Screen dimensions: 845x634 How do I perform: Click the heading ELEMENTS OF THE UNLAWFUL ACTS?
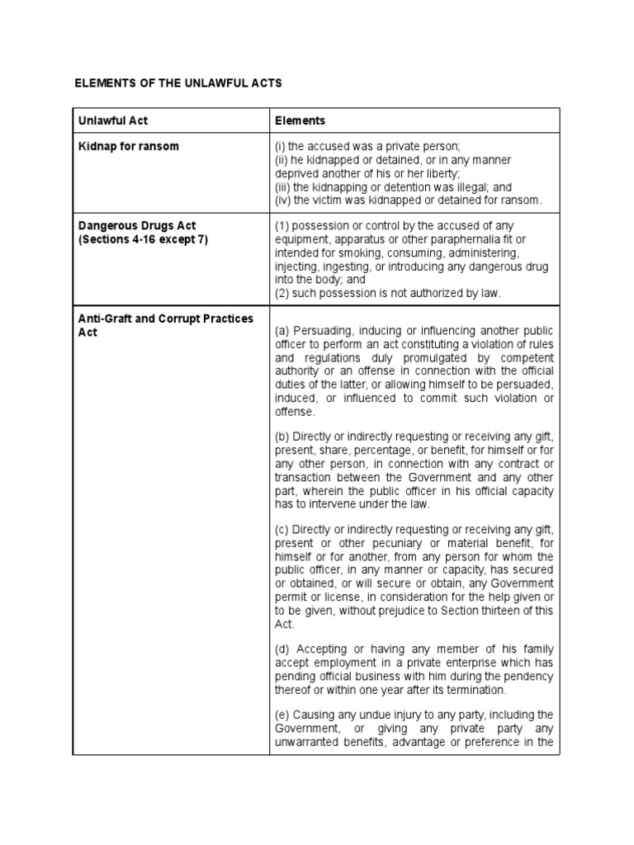click(x=178, y=83)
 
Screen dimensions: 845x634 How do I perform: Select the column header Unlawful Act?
click(x=113, y=120)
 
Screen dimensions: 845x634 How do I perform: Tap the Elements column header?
click(x=300, y=120)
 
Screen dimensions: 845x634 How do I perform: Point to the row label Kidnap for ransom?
click(x=128, y=146)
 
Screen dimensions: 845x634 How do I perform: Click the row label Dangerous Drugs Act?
click(x=136, y=226)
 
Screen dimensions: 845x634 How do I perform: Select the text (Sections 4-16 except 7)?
click(x=143, y=239)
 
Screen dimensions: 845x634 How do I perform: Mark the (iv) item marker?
click(x=282, y=200)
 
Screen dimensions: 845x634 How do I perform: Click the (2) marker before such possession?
click(x=282, y=293)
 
